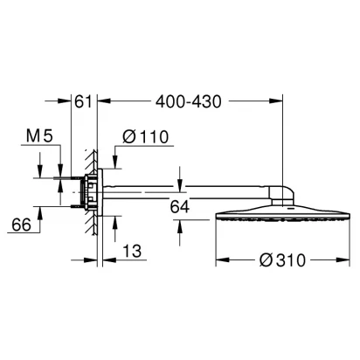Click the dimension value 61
coord(83,101)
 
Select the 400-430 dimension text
coord(189,101)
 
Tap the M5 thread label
coord(39,135)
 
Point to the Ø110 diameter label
coord(145,136)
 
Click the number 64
coord(180,207)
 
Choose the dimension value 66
coord(21,225)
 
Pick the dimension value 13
coord(132,251)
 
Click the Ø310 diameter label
coord(282,260)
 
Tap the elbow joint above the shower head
coord(280,196)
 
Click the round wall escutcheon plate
coord(100,192)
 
